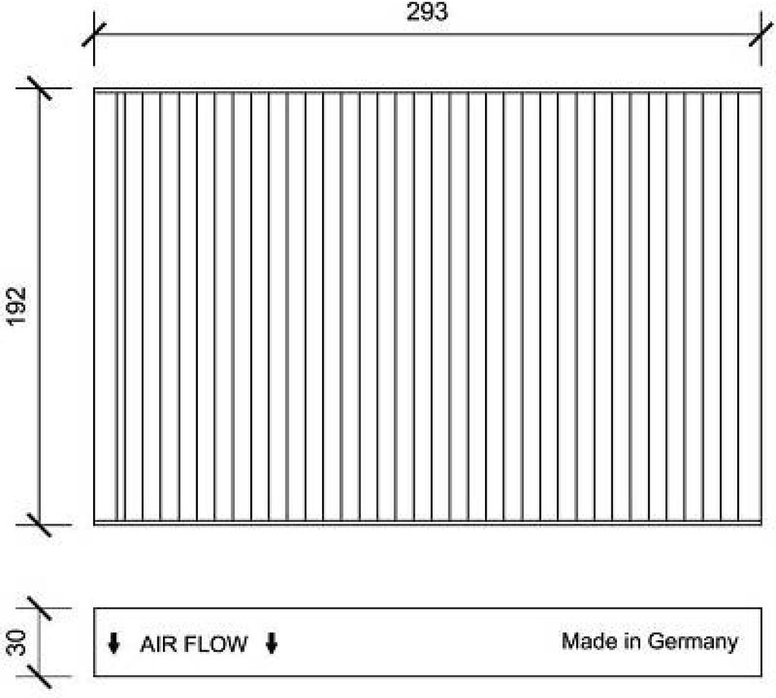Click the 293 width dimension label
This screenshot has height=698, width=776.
[x=427, y=11]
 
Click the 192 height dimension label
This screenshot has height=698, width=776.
[x=17, y=305]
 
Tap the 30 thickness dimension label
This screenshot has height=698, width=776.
[x=17, y=642]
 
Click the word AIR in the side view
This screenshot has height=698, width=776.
[x=157, y=644]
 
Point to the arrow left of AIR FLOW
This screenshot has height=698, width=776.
[x=114, y=643]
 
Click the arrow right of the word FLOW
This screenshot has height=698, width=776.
[x=271, y=643]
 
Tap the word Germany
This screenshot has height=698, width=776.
[x=693, y=643]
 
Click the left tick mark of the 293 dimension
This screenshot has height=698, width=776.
[x=94, y=35]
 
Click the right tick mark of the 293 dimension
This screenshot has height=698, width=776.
[x=762, y=35]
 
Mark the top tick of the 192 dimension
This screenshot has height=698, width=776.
[x=39, y=88]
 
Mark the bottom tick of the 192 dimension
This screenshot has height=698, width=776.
[x=39, y=524]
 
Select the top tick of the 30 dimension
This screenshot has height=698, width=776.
[x=39, y=608]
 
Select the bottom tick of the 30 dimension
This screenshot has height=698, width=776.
[x=39, y=676]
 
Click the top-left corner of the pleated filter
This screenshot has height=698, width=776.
[x=94, y=89]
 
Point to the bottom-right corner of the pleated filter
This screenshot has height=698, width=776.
[x=762, y=524]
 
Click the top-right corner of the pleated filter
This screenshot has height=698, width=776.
[x=762, y=89]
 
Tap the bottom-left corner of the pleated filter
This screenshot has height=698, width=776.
[x=94, y=524]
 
